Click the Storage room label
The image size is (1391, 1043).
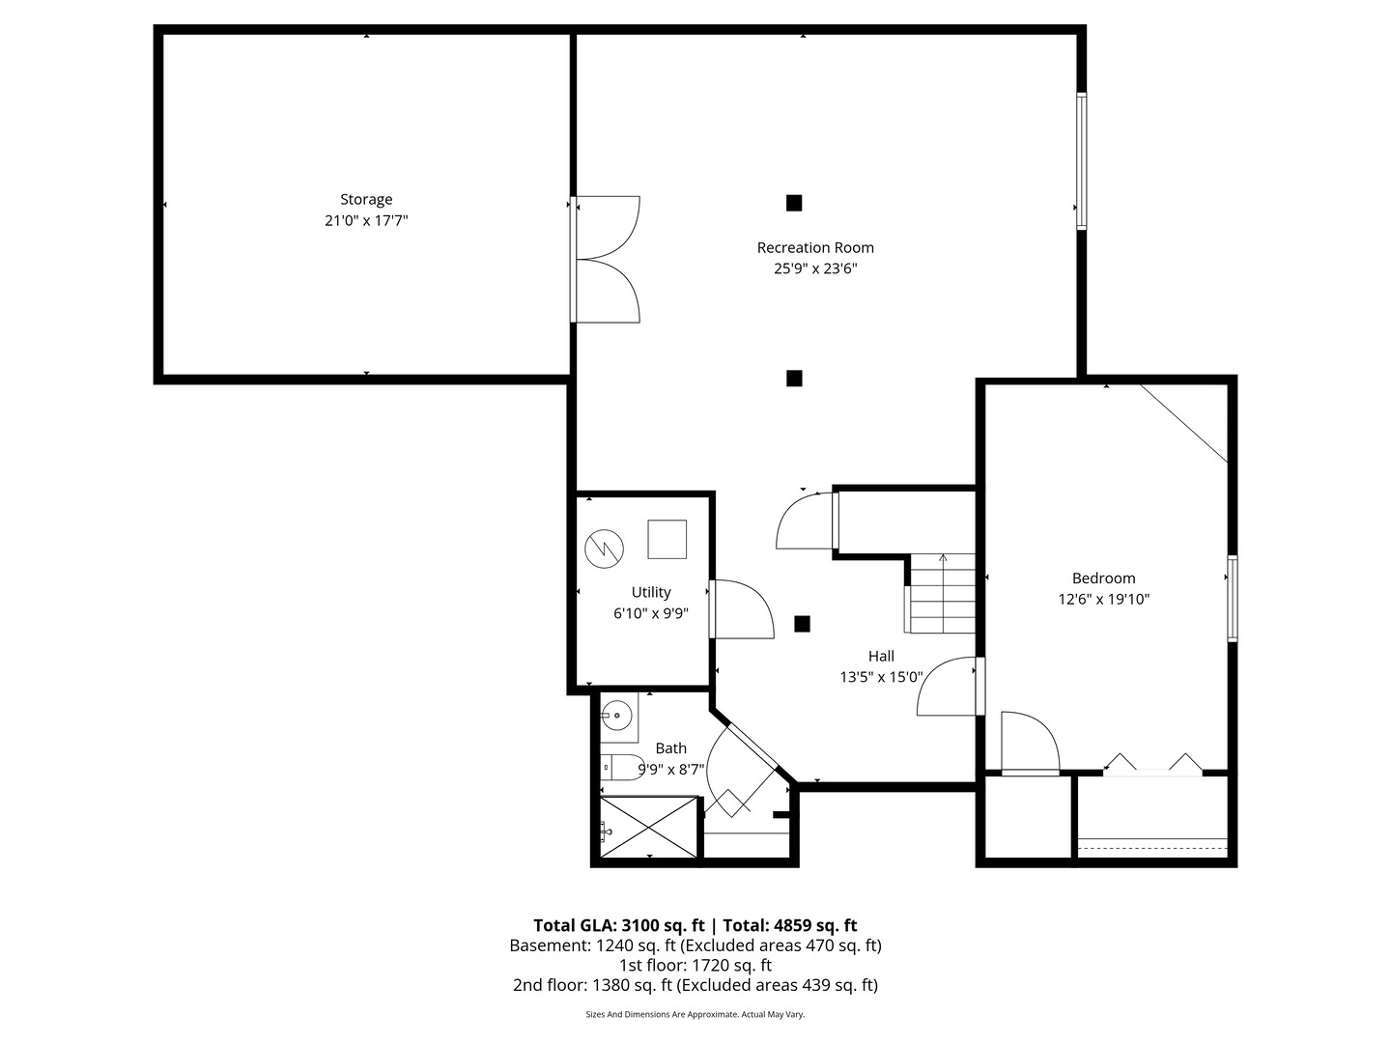(x=366, y=200)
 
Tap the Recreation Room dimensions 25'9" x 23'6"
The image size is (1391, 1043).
(x=815, y=269)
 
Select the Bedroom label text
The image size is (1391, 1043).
(x=1103, y=578)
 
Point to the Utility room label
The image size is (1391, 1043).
(x=651, y=593)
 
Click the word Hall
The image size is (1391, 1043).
(x=881, y=657)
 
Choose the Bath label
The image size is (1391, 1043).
(x=671, y=748)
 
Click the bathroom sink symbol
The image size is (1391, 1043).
(x=615, y=717)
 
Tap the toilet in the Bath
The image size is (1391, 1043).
(x=622, y=768)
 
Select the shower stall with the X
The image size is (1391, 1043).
(x=649, y=827)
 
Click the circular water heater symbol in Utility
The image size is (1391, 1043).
(x=604, y=549)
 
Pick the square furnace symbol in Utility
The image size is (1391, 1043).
(x=667, y=539)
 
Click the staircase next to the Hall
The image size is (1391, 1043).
(x=943, y=593)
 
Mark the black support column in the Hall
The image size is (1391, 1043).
(x=802, y=624)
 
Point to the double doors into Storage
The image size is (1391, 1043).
(x=607, y=259)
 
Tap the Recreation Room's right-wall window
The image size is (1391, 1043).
(x=1082, y=161)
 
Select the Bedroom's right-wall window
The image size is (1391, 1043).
(x=1233, y=599)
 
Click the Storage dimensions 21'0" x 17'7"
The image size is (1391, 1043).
(x=366, y=221)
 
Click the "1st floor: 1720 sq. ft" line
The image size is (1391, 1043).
(x=695, y=965)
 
